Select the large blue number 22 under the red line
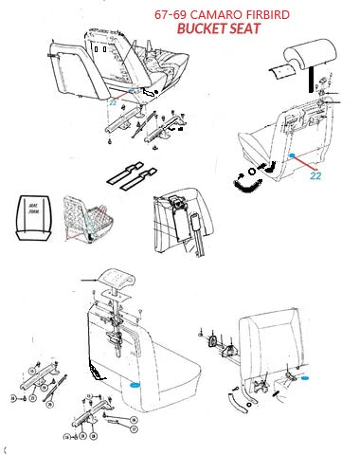click(316, 174)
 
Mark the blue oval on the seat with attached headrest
click(135, 385)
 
